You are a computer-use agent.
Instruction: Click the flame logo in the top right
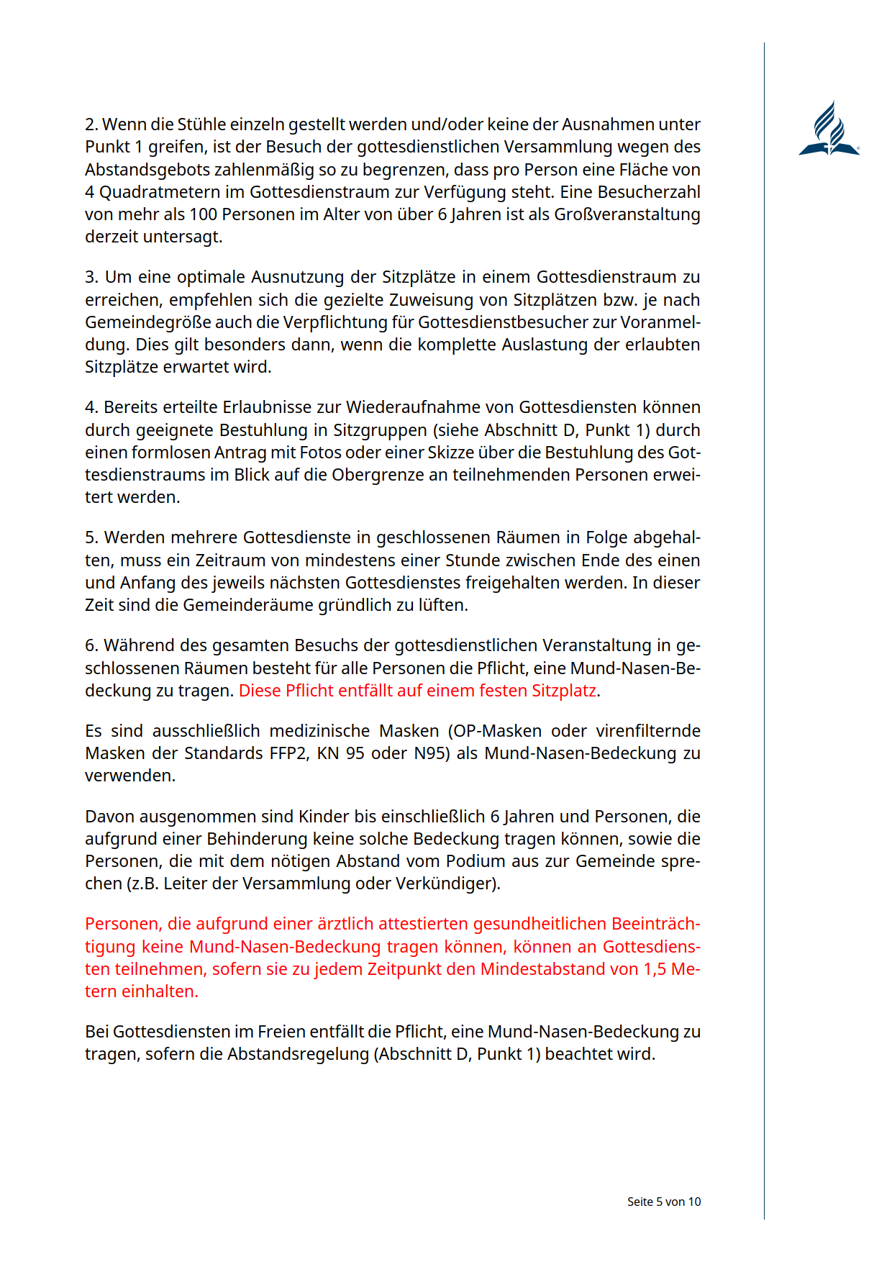click(829, 130)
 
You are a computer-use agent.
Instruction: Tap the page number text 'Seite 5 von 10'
click(663, 1202)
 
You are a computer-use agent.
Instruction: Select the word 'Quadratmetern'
click(170, 192)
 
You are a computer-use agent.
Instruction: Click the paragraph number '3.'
click(91, 277)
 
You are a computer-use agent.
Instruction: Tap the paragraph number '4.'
click(91, 407)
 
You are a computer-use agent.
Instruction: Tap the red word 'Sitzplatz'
click(563, 691)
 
